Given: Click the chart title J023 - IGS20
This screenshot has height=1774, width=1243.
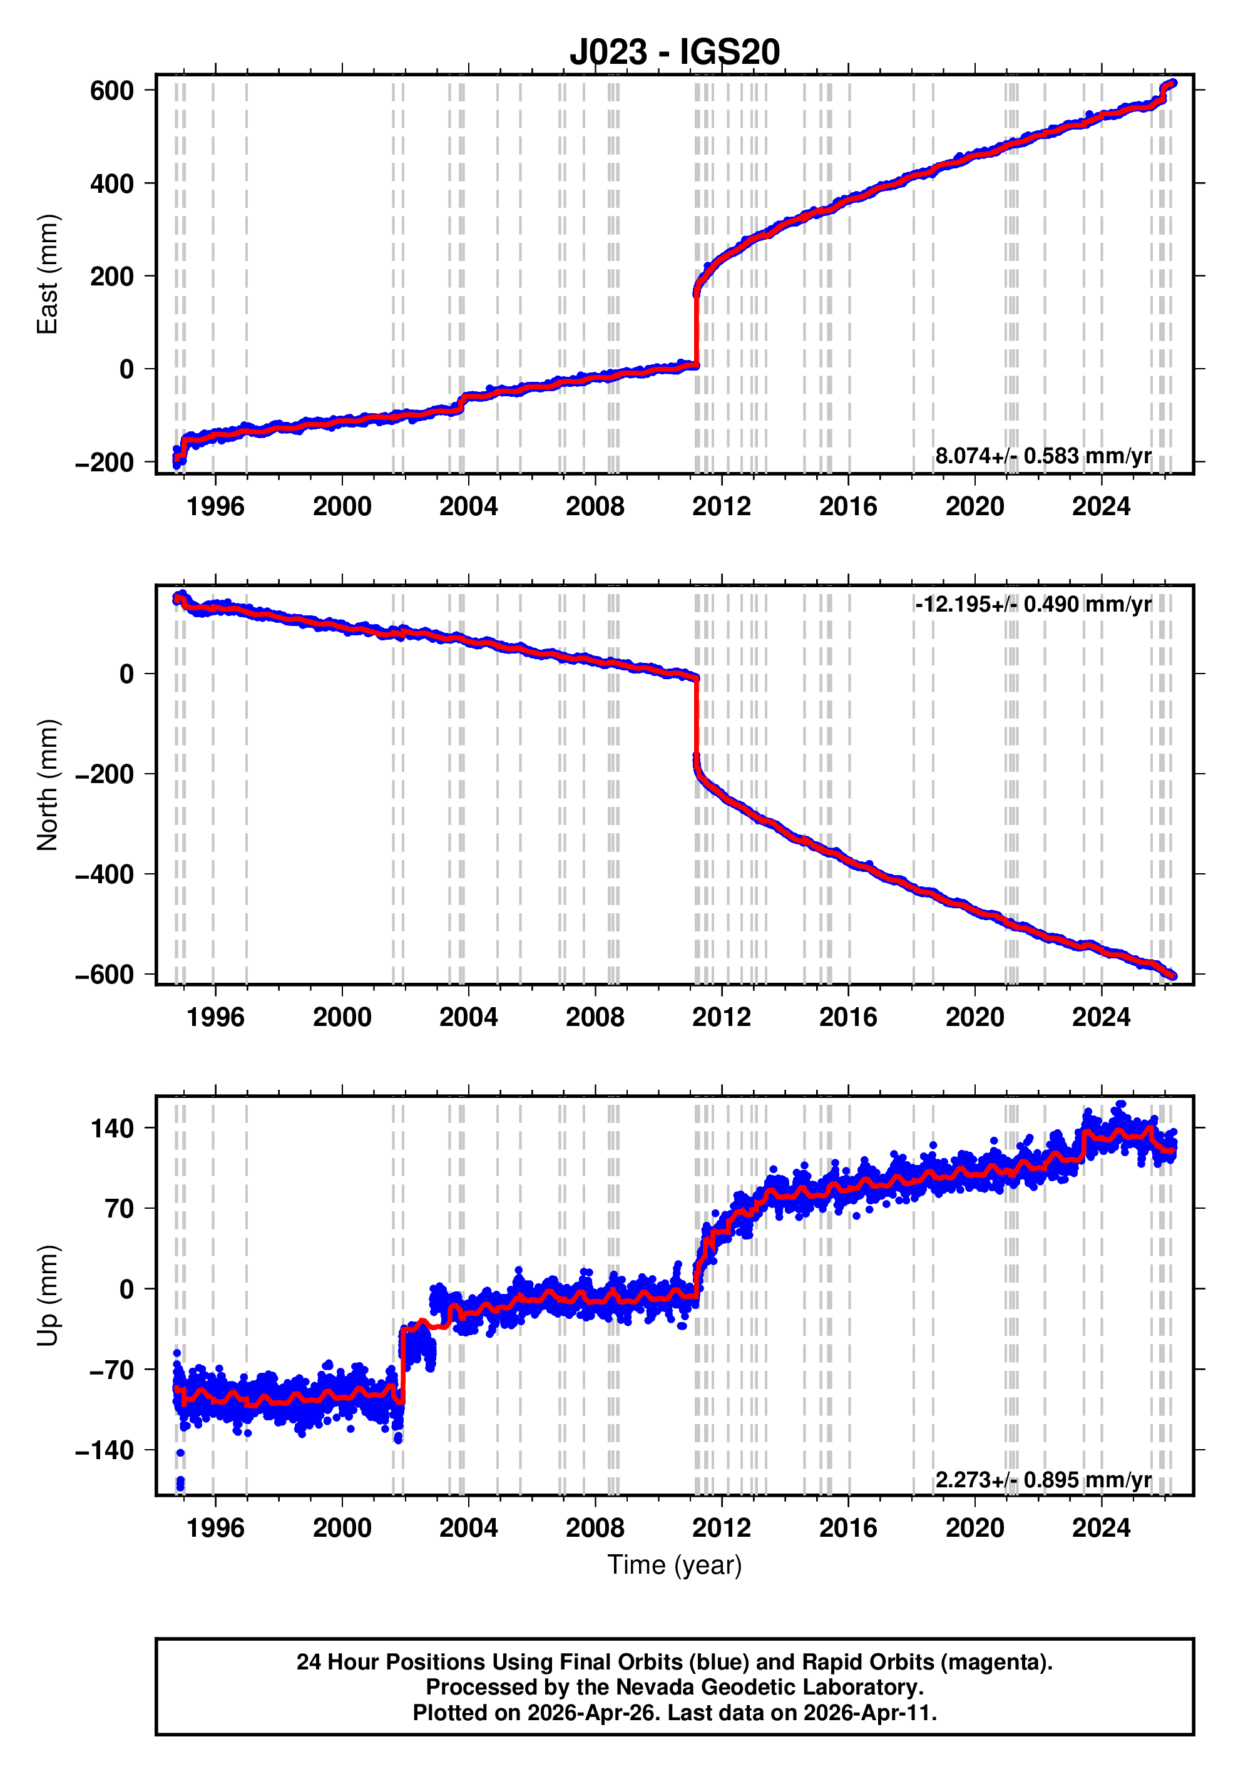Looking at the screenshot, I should click(x=675, y=52).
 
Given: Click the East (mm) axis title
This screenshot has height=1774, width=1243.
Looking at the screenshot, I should click(x=48, y=274).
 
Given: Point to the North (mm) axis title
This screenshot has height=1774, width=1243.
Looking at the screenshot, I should click(x=48, y=784).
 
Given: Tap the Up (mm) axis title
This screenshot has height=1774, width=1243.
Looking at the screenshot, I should click(x=48, y=1296).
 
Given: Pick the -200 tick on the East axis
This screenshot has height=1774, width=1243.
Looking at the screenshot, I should click(x=105, y=463).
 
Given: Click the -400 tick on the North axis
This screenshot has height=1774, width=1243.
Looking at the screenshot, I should click(x=105, y=874).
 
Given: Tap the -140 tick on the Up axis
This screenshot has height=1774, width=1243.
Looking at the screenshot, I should click(x=105, y=1450).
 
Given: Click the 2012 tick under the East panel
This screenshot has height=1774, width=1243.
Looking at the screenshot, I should click(x=721, y=507).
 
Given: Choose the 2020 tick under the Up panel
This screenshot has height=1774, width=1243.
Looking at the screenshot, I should click(x=974, y=1528).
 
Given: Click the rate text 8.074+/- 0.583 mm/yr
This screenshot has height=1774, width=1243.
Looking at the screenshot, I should click(x=1043, y=456).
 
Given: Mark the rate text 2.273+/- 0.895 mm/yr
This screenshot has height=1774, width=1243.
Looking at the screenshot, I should click(x=1043, y=1480).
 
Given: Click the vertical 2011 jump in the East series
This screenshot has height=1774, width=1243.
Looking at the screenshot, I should click(x=696, y=324).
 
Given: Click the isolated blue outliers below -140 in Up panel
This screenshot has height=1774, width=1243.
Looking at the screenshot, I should click(x=180, y=1483).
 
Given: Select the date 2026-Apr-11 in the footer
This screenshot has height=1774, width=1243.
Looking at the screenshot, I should click(x=867, y=1713).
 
